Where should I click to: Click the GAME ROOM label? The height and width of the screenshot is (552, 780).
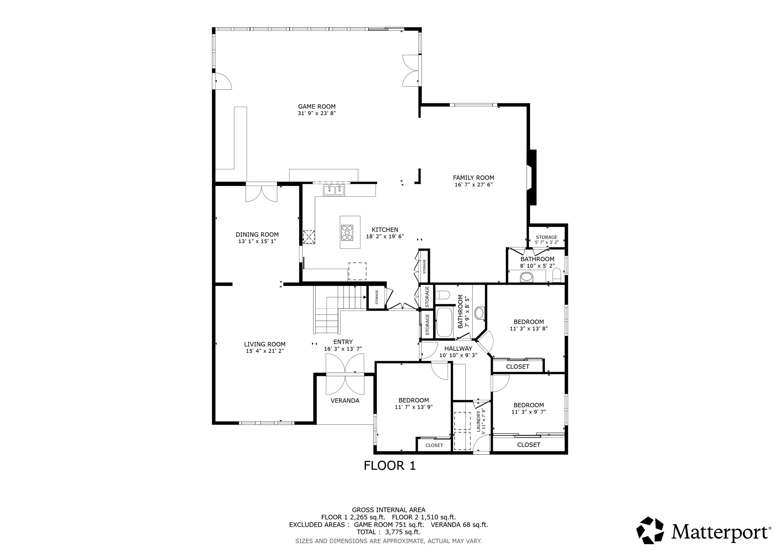coord(316,107)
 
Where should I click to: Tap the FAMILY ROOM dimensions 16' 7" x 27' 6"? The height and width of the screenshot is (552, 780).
coord(473,185)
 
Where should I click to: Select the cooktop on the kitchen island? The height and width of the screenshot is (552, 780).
coord(347,233)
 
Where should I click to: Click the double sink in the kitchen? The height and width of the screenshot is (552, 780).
coord(334,190)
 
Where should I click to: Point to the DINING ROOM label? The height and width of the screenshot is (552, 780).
coord(257,234)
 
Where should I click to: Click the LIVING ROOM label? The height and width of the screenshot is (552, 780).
coord(265,344)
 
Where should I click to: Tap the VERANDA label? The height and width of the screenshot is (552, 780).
coord(345,401)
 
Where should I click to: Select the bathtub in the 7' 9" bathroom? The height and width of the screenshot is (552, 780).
coord(444,323)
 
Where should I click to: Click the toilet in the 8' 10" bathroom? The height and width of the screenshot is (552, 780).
coord(557,275)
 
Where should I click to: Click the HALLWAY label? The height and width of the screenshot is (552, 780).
coord(458,348)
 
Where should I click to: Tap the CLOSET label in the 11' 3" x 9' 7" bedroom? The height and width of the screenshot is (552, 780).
coord(529,445)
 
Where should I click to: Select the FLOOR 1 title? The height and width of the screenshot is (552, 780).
coord(389,465)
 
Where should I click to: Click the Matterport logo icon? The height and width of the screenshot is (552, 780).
coord(650,530)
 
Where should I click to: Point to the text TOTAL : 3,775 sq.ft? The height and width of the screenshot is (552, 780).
coord(388,532)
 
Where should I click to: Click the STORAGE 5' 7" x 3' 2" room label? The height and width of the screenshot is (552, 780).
coord(547,237)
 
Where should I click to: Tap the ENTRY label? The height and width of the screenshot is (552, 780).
coord(343,342)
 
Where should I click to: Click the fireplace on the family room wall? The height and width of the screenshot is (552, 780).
coord(532,177)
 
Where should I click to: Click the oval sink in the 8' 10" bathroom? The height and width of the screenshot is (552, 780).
coord(527,277)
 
